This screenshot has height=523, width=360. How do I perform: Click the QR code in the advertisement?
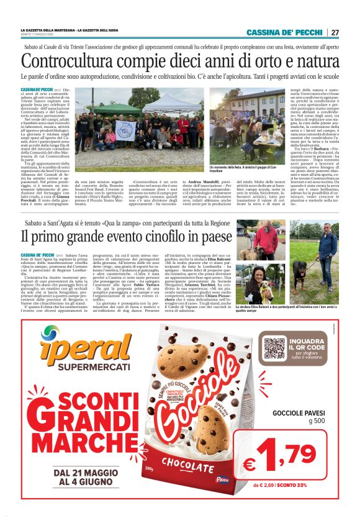pyautogui.click(x=274, y=348)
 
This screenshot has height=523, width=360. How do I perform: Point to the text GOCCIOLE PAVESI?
pyautogui.click(x=299, y=413)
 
